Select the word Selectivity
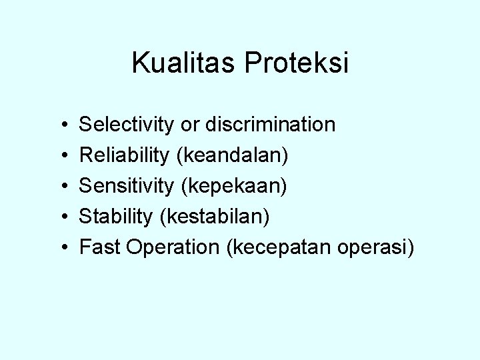[x=127, y=124]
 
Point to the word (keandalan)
[x=232, y=155]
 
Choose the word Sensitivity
[x=126, y=186]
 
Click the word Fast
[x=99, y=247]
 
